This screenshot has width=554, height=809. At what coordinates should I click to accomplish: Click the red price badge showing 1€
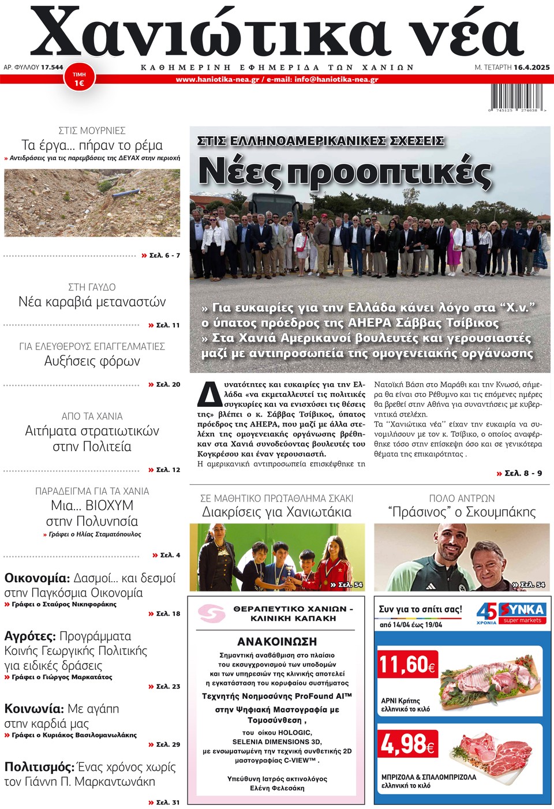[79, 80]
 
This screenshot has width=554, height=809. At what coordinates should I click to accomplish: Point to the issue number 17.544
[52, 68]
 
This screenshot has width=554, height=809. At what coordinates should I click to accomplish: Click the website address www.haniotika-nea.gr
[217, 80]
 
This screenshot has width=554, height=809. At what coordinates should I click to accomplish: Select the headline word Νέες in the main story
[239, 171]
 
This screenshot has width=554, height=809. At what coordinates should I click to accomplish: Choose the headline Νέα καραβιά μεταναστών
[92, 302]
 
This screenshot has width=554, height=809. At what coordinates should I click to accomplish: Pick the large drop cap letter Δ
[209, 395]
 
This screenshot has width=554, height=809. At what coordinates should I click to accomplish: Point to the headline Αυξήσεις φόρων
[92, 361]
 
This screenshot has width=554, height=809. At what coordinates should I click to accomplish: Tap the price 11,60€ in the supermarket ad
[407, 664]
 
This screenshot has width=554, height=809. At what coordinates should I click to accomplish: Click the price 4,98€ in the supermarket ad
[407, 744]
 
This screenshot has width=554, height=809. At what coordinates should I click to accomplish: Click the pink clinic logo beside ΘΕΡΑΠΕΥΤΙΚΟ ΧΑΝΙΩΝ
[211, 613]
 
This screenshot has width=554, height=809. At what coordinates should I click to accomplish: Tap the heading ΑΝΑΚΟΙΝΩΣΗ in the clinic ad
[277, 642]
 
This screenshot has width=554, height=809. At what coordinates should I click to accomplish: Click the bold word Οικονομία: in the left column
[37, 578]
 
